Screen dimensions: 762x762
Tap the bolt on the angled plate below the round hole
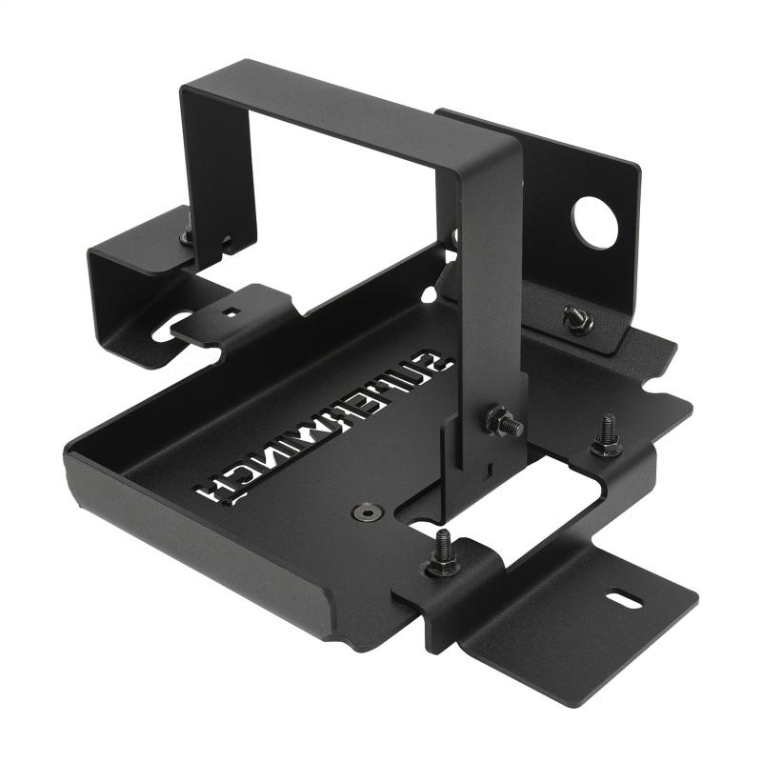575,319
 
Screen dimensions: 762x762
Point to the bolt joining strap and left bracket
188,233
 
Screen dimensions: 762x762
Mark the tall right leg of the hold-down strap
491,286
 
